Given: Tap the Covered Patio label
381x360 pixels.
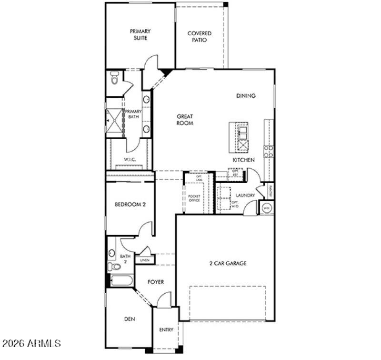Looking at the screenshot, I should (x=199, y=37).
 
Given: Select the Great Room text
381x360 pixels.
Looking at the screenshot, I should (x=185, y=120).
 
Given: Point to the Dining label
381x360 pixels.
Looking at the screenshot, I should (x=246, y=96).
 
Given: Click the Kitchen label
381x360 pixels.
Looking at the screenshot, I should (x=243, y=160).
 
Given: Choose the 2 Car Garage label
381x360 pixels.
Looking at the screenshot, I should (x=228, y=263).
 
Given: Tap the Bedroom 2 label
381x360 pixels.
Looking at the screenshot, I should (x=130, y=205).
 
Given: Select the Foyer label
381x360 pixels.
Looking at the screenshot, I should (x=155, y=282).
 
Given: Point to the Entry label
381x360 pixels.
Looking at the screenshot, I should (x=166, y=330).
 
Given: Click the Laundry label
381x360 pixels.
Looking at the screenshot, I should (x=245, y=195).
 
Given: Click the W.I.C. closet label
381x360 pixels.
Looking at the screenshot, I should (x=130, y=160).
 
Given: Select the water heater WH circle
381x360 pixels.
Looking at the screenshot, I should (x=266, y=208).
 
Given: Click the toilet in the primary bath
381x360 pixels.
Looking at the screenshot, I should (x=114, y=78).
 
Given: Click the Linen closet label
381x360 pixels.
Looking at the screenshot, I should (x=144, y=260).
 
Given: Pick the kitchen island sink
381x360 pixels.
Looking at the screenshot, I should (x=242, y=130).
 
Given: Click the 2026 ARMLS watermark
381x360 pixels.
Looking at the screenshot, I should (x=32, y=343).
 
